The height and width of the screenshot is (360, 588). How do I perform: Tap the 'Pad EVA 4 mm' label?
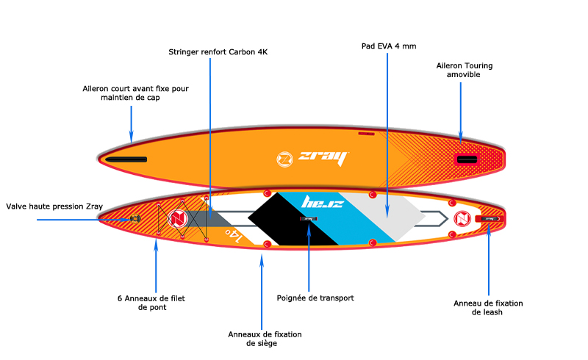pyautogui.click(x=389, y=46)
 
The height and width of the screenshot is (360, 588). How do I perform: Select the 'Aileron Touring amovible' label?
pyautogui.click(x=464, y=71)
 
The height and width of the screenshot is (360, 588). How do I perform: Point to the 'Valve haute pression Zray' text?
pyautogui.click(x=54, y=206)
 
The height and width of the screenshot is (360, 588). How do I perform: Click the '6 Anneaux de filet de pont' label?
pyautogui.click(x=152, y=303)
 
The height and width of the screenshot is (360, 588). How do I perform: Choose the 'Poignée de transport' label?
pyautogui.click(x=315, y=298)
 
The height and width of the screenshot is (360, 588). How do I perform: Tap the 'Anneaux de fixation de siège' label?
pyautogui.click(x=265, y=339)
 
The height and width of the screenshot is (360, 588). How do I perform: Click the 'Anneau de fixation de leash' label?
pyautogui.click(x=487, y=307)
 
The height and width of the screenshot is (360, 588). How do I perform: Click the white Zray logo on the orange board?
pyautogui.click(x=312, y=158)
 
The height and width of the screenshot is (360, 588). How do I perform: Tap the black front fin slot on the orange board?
pyautogui.click(x=126, y=159)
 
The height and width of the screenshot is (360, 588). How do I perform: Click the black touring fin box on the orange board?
pyautogui.click(x=466, y=159)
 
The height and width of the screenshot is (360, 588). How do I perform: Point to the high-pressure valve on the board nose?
pyautogui.click(x=135, y=218)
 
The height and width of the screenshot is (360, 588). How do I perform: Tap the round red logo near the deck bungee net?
pyautogui.click(x=176, y=219)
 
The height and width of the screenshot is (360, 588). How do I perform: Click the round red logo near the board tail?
pyautogui.click(x=462, y=218)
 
